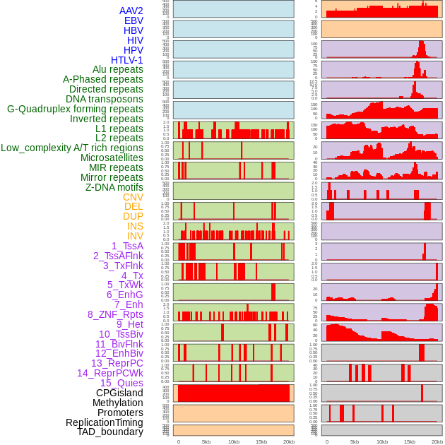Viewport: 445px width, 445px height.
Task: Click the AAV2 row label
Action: pyautogui.click(x=131, y=11)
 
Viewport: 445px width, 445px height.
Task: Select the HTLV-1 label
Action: pyautogui.click(x=126, y=60)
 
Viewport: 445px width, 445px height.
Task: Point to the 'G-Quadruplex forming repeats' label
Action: pyautogui.click(x=75, y=109)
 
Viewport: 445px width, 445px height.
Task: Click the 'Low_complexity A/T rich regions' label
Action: pyautogui.click(x=72, y=148)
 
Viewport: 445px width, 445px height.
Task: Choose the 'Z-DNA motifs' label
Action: pyautogui.click(x=114, y=188)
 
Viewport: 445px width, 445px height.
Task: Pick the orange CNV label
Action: pyautogui.click(x=133, y=198)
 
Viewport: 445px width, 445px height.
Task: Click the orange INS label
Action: pyautogui.click(x=134, y=227)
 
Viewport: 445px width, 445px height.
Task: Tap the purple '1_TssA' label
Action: pyautogui.click(x=127, y=246)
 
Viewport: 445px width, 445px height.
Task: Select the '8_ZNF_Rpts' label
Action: pyautogui.click(x=115, y=315)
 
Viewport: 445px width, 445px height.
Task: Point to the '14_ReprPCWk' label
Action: pyautogui.click(x=109, y=373)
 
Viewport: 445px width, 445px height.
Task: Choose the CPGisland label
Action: pyautogui.click(x=119, y=393)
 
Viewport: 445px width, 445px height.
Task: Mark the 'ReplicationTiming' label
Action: pyautogui.click(x=104, y=422)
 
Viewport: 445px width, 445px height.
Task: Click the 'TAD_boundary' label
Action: pyautogui.click(x=109, y=432)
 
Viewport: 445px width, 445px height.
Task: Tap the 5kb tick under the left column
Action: pyautogui.click(x=206, y=441)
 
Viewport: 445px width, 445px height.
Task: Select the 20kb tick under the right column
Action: pyautogui.click(x=437, y=441)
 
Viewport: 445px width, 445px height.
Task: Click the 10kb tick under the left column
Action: pyautogui.click(x=234, y=441)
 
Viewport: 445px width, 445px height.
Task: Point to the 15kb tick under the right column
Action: pyautogui.click(x=410, y=441)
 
